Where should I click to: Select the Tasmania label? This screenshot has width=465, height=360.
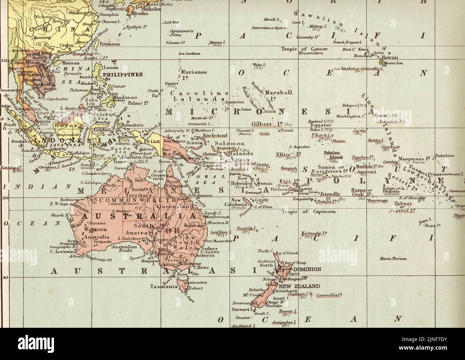pos(165,286)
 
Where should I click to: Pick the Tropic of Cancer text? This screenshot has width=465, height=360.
pos(312,49)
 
